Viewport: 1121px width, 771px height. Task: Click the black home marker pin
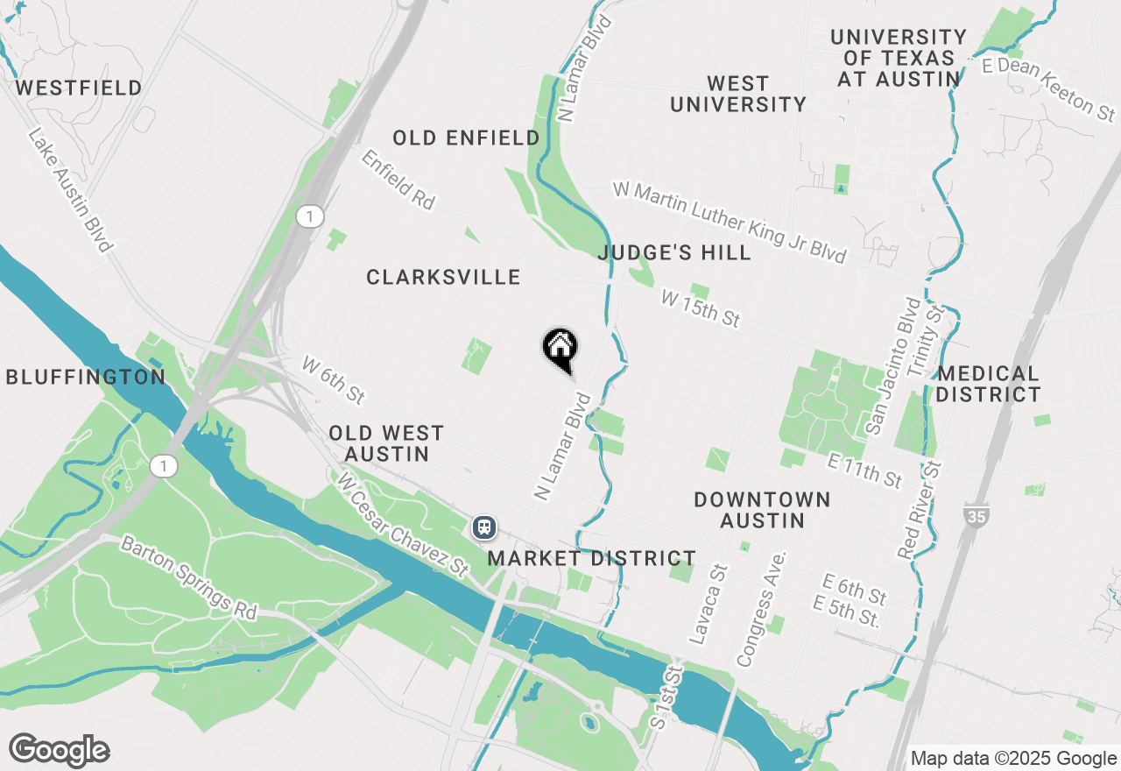pyautogui.click(x=560, y=349)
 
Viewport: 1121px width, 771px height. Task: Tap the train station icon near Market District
pyautogui.click(x=483, y=527)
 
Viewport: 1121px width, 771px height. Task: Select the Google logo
pyautogui.click(x=59, y=751)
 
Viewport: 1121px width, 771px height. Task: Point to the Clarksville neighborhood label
pyautogui.click(x=443, y=278)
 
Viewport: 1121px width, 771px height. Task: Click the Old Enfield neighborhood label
pyautogui.click(x=466, y=138)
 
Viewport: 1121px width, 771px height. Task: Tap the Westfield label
pyautogui.click(x=79, y=88)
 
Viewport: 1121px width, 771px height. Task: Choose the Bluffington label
pyautogui.click(x=85, y=378)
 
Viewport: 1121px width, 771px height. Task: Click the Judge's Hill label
pyautogui.click(x=674, y=253)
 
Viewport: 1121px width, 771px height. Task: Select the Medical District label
pyautogui.click(x=988, y=384)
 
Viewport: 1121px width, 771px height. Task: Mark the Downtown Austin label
pyautogui.click(x=762, y=510)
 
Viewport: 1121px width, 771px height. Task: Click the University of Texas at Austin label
pyautogui.click(x=899, y=58)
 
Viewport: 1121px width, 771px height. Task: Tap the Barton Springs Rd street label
pyautogui.click(x=189, y=578)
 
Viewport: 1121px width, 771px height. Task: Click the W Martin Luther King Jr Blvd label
pyautogui.click(x=729, y=221)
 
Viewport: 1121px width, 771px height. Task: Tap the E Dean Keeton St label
pyautogui.click(x=1048, y=87)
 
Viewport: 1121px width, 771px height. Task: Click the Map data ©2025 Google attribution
pyautogui.click(x=1012, y=759)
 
